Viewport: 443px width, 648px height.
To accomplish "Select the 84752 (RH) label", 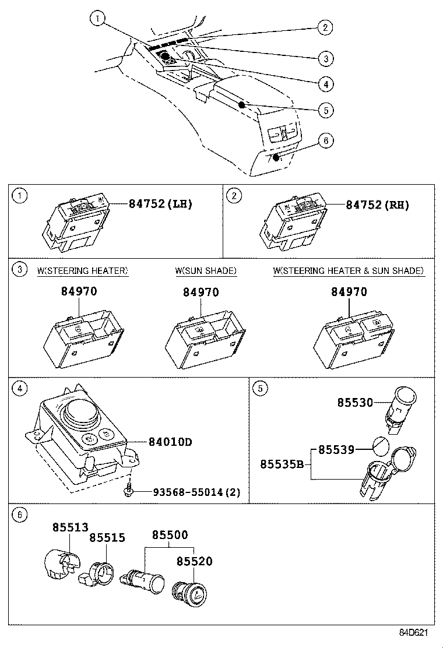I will coord(377,205).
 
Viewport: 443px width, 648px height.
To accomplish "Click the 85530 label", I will coord(354,402).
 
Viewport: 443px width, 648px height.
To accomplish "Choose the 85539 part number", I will coord(336,450).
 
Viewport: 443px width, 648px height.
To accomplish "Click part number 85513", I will coord(70,528).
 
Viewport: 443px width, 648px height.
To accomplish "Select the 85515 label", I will coord(107,538).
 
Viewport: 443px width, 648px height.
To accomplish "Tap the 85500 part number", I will coord(170,534).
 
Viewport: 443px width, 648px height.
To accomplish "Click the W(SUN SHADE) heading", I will coord(205,271).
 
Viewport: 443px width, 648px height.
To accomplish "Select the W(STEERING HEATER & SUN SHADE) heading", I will coord(348,271).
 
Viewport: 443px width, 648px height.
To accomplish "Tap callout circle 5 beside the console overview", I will coord(326,109).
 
